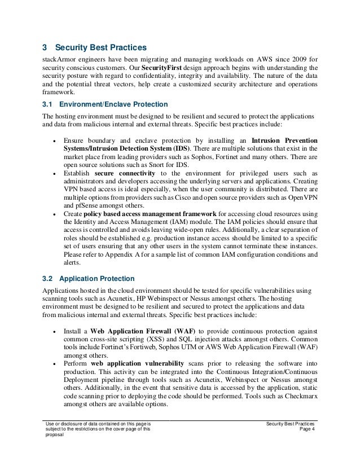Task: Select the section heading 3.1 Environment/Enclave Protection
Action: pos(104,105)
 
